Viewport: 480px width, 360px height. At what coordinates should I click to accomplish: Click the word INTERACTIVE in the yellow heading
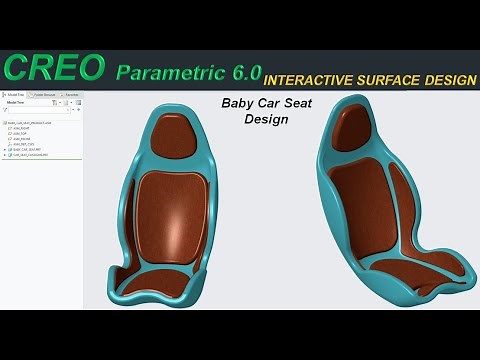tap(315, 75)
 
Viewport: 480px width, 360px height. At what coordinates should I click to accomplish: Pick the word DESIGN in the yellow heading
tap(449, 75)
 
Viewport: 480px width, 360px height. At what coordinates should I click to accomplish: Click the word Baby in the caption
tap(236, 103)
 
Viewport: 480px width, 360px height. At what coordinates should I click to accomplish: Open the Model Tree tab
tap(15, 94)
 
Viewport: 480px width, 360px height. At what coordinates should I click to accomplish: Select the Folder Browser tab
tap(43, 94)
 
